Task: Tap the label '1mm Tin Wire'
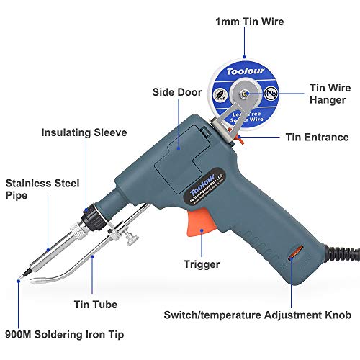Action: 250,22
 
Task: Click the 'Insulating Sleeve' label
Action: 84,132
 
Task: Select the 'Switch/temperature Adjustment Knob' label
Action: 257,315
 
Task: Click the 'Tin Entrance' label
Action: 317,137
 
